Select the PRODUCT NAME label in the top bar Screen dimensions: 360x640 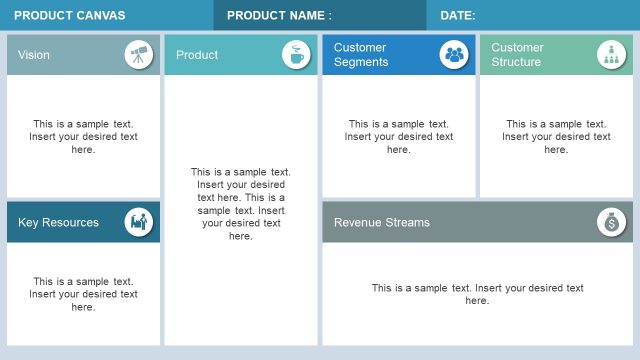(x=279, y=15)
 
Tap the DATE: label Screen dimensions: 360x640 (x=458, y=15)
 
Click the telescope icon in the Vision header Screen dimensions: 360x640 (x=139, y=54)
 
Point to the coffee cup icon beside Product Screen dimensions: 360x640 (x=296, y=54)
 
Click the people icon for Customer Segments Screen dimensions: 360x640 (x=454, y=54)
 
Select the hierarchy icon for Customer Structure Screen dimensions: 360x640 (x=611, y=54)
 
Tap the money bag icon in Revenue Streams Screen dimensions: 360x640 (x=611, y=222)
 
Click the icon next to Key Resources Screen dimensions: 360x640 (x=139, y=222)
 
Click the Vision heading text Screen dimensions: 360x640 (x=34, y=55)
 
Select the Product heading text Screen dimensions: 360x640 (x=197, y=55)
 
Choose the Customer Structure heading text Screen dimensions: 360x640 (x=518, y=54)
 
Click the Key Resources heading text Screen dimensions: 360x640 (x=58, y=222)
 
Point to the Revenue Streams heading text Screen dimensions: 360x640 (x=381, y=222)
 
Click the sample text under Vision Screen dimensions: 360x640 (x=83, y=136)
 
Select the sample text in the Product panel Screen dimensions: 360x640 (x=241, y=204)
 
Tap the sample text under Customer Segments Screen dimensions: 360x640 (x=399, y=136)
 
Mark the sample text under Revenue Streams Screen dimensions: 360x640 (x=478, y=294)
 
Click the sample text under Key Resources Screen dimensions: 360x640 (x=83, y=294)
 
